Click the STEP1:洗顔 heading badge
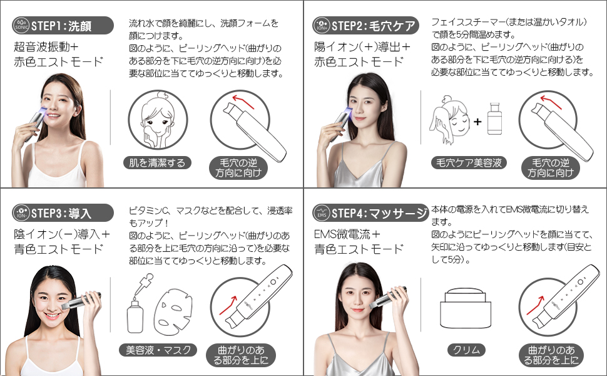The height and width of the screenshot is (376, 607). [x=63, y=26]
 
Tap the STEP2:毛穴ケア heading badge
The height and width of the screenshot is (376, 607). [x=366, y=26]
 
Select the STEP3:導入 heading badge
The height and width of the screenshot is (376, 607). [x=63, y=213]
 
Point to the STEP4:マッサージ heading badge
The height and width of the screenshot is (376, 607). [x=370, y=213]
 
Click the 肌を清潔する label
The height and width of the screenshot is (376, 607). [x=157, y=163]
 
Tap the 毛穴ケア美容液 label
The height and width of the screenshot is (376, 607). [x=469, y=163]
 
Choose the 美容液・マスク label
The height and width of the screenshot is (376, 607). [x=158, y=350]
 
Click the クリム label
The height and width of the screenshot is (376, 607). [x=466, y=350]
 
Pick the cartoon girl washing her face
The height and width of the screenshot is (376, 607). [x=158, y=120]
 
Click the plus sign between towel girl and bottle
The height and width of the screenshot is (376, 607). [x=477, y=122]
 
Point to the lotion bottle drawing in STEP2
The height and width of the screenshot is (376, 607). [x=495, y=118]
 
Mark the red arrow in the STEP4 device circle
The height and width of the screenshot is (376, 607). [x=535, y=304]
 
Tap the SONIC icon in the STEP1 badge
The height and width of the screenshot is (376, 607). [x=21, y=26]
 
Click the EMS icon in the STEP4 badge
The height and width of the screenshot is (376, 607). [x=321, y=213]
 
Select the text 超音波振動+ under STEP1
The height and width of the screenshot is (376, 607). [x=46, y=47]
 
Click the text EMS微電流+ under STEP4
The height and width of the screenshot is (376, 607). [x=347, y=234]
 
